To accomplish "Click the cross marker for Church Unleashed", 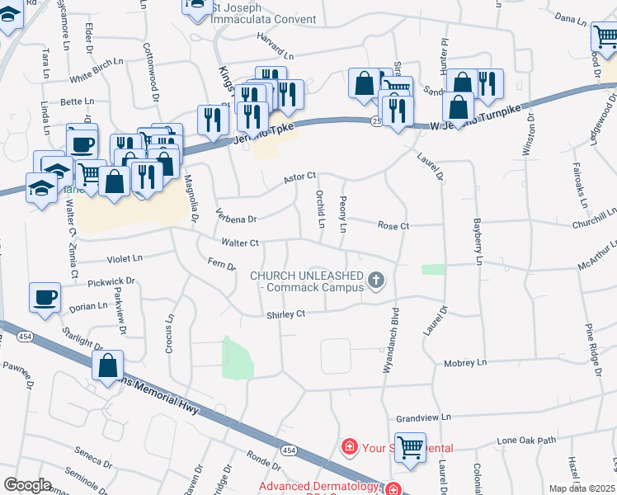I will (x=376, y=280).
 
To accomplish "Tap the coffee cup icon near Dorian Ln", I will (x=45, y=297).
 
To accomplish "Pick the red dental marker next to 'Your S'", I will (x=350, y=448).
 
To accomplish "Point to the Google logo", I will (x=27, y=485).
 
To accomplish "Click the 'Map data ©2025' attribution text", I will (x=582, y=488).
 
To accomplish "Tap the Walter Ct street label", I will (x=241, y=243).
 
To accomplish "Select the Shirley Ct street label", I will (x=285, y=314).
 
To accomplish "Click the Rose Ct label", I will (x=393, y=225).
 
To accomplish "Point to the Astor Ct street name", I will (x=300, y=177).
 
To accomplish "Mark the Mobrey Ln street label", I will (x=465, y=363).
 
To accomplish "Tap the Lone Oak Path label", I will (x=526, y=441).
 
